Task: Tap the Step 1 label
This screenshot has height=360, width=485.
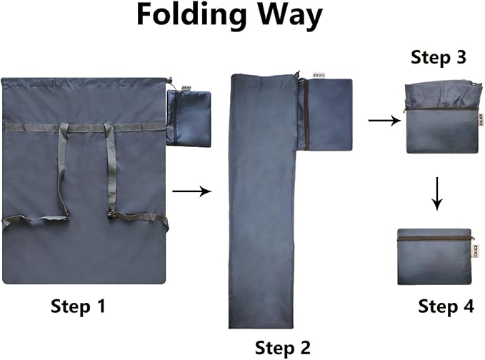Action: pos(78,306)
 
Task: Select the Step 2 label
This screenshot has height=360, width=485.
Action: pos(282,348)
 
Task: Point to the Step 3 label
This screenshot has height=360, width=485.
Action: pos(439,58)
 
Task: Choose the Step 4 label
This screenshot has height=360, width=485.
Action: pos(446,306)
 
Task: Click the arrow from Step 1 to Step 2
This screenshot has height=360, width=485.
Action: pos(191,191)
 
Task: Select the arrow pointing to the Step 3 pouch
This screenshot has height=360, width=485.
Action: pos(384,120)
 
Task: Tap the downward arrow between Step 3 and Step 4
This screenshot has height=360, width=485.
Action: pos(436,194)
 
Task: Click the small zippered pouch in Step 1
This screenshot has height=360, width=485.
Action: pos(189,118)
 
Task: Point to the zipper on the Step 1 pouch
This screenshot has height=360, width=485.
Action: pos(174,118)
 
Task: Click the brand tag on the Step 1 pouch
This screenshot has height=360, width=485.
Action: pos(187,88)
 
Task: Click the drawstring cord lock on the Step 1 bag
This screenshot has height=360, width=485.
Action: pos(169,81)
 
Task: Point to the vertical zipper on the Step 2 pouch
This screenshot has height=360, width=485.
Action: pos(306,114)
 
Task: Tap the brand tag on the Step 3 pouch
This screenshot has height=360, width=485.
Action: pos(481,120)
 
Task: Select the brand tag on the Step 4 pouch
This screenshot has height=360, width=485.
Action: pos(474,249)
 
